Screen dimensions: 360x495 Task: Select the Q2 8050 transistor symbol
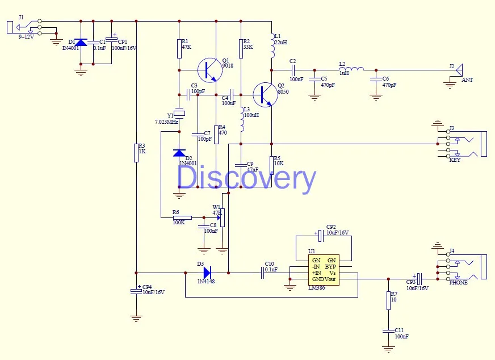tap(265, 95)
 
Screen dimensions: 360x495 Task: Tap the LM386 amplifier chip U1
tap(324, 270)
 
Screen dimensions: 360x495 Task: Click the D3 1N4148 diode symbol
tap(206, 273)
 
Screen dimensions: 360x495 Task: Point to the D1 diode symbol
tap(81, 43)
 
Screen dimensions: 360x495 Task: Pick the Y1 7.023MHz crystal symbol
tap(179, 114)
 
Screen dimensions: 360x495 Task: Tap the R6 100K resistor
tap(182, 217)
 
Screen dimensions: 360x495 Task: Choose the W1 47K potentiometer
tap(222, 217)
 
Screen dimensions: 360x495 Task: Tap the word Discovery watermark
tap(246, 178)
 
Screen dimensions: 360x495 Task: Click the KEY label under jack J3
tap(455, 160)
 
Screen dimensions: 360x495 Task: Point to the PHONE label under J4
tap(458, 283)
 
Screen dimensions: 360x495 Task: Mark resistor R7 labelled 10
tap(388, 301)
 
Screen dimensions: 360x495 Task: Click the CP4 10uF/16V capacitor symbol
tap(136, 291)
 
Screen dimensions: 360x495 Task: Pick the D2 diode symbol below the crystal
tap(179, 153)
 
